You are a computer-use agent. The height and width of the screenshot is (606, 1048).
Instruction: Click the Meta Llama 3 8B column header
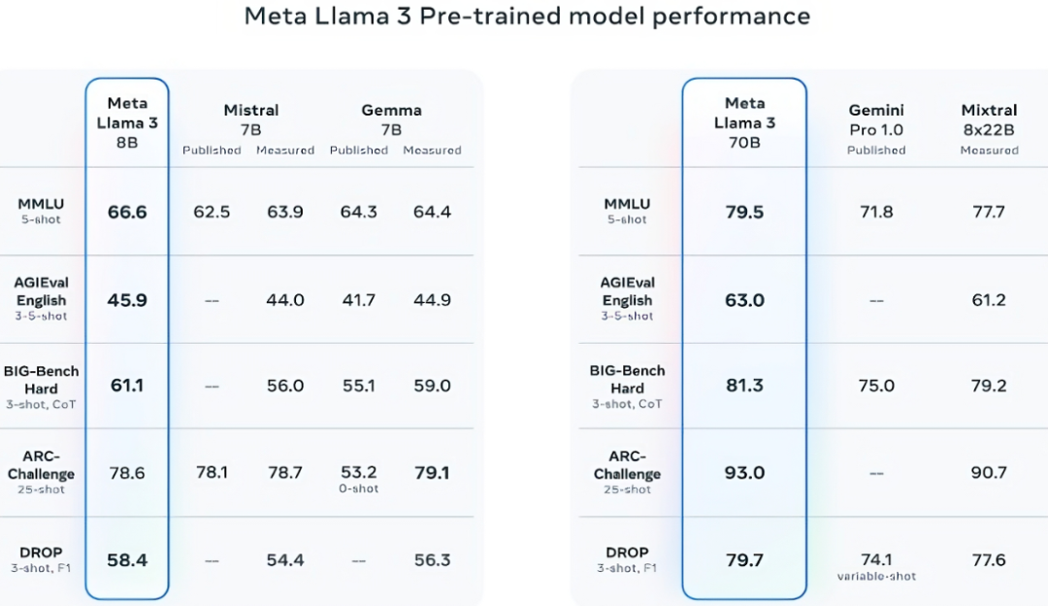[x=127, y=122]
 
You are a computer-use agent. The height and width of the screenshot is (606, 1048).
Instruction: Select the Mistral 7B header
[x=250, y=119]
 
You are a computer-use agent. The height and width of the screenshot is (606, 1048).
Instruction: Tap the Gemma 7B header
[x=391, y=119]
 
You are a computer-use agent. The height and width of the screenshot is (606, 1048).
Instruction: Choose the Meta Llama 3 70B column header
[x=744, y=122]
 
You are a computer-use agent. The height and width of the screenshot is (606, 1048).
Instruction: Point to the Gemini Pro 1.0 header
[x=876, y=119]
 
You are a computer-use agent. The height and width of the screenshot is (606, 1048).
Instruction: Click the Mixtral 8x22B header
[x=989, y=119]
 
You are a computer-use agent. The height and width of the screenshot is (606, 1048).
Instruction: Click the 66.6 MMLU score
[x=127, y=212]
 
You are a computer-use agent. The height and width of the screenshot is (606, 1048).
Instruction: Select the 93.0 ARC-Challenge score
[x=744, y=473]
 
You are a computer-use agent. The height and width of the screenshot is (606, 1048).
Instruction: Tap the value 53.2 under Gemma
[x=359, y=473]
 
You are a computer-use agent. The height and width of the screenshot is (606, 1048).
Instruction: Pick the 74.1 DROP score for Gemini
[x=876, y=559]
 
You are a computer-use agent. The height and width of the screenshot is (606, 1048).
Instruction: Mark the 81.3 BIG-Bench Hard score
[x=744, y=386]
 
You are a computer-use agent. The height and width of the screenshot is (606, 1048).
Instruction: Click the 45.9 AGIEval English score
[x=127, y=300]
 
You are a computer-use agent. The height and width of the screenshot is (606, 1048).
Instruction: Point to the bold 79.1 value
[x=432, y=473]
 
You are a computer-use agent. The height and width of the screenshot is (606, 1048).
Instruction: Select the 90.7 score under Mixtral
[x=989, y=473]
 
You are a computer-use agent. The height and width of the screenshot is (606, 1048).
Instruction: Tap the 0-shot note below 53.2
[x=359, y=488]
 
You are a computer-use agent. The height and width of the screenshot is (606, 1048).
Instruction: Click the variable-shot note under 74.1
[x=876, y=576]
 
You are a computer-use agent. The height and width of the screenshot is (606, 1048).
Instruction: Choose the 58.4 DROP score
[x=127, y=560]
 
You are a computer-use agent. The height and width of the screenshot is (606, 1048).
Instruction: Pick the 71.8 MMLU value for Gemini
[x=876, y=212]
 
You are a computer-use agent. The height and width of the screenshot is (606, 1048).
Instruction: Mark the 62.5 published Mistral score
[x=212, y=212]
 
